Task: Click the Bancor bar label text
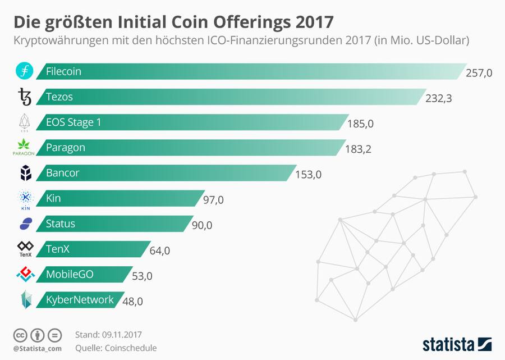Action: coord(62,173)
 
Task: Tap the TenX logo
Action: coord(25,249)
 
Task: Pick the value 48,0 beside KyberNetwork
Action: coord(132,302)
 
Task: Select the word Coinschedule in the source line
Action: coord(130,348)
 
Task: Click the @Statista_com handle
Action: coord(36,349)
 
